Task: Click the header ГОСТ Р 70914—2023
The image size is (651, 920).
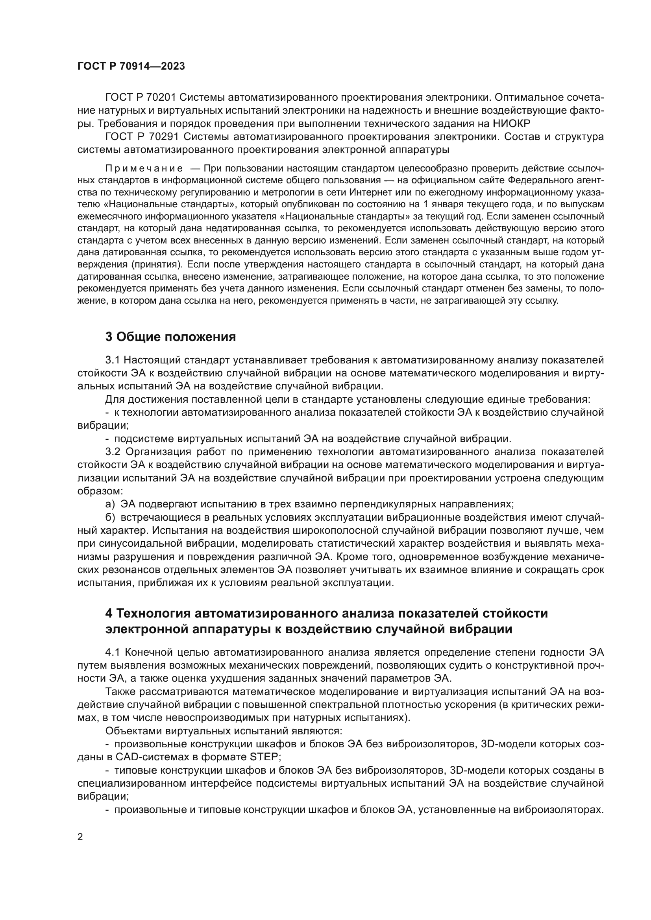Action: click(131, 66)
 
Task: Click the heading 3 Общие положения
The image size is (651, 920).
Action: click(170, 337)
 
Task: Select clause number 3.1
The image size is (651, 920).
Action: click(113, 360)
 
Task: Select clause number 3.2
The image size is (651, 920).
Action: click(113, 452)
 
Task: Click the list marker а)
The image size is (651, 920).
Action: click(110, 504)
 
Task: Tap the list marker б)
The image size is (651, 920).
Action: click(110, 518)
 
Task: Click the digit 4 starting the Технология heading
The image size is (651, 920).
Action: click(109, 614)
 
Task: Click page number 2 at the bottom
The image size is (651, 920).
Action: click(80, 826)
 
